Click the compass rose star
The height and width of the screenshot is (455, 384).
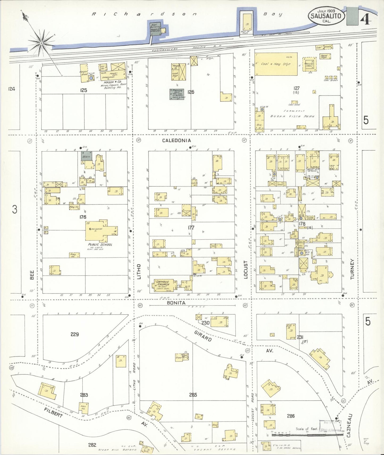41,42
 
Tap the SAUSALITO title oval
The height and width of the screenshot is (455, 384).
327,16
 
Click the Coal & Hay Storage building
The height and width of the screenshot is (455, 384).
276,64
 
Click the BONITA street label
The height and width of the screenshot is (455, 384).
176,303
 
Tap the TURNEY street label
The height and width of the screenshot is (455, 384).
352,269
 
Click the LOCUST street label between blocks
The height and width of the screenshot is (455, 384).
245,270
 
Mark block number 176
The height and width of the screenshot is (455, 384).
83,217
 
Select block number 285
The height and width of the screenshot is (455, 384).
193,395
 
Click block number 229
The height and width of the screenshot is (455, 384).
75,334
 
